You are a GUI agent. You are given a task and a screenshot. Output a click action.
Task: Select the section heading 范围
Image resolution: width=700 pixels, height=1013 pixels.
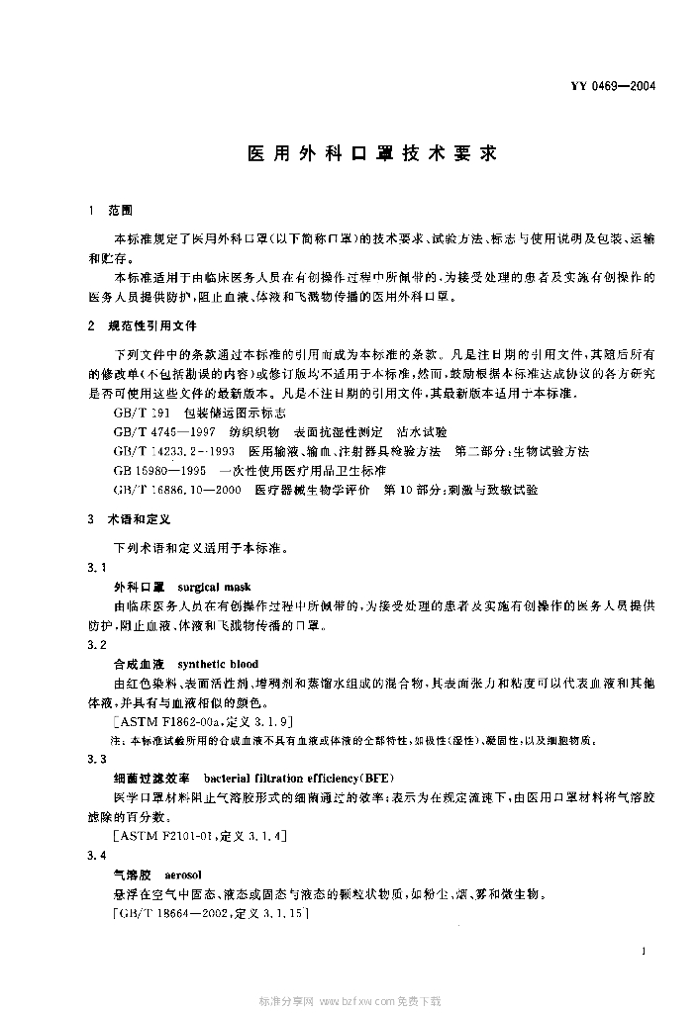click(131, 211)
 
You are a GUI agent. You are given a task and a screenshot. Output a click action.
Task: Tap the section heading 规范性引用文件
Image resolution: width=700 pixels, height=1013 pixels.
click(157, 324)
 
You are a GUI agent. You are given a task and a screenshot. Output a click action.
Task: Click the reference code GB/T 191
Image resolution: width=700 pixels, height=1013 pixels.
click(143, 413)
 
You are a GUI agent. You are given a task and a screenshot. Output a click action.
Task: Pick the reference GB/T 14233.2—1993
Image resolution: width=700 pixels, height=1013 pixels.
click(174, 450)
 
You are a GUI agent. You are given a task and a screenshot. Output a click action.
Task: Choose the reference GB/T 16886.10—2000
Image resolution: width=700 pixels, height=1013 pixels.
click(177, 489)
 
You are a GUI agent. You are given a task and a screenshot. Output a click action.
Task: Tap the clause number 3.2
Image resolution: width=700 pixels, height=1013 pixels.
click(96, 644)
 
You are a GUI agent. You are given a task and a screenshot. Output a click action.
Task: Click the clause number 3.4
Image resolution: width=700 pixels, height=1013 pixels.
click(96, 856)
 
